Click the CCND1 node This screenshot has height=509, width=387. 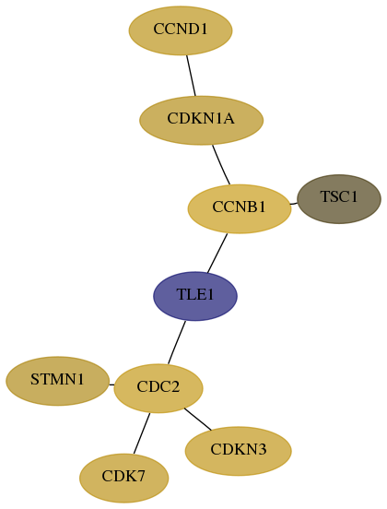click(181, 30)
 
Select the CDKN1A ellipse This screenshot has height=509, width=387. click(201, 120)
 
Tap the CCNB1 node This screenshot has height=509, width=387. click(240, 208)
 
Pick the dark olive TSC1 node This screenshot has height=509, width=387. click(339, 199)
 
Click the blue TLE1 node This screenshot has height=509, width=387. click(195, 296)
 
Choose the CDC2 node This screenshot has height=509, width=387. click(158, 388)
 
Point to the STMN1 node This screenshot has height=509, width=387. click(57, 381)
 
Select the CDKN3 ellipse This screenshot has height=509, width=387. click(238, 451)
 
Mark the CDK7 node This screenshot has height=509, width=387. click(123, 478)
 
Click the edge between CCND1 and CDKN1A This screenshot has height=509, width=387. click(191, 76)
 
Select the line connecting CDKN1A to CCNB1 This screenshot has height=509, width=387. click(221, 164)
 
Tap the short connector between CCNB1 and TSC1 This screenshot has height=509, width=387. click(294, 204)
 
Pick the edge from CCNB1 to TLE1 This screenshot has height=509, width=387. click(217, 254)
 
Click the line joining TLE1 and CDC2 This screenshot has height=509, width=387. click(177, 342)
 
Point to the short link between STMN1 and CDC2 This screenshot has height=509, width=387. click(111, 385)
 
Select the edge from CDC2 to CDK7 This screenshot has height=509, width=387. click(142, 433)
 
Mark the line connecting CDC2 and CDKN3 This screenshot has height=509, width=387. click(197, 419)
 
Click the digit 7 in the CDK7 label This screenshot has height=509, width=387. click(140, 476)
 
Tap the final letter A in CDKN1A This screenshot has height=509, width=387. click(229, 118)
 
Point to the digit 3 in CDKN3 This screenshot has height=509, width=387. click(262, 450)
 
